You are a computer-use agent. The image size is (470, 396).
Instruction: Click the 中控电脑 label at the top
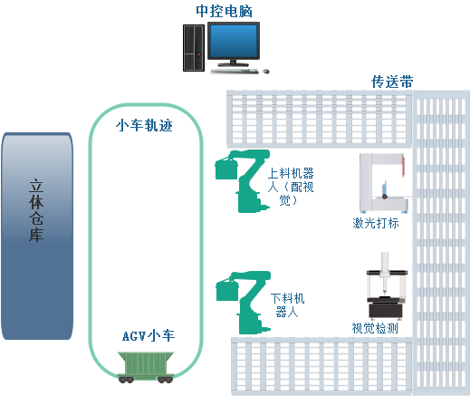point(224,11)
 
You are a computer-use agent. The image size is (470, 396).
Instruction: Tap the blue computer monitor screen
point(234,41)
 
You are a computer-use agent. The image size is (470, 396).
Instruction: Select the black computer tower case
point(194,48)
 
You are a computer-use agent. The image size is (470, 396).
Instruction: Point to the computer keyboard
point(235,72)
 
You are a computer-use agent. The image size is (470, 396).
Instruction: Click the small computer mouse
point(266,72)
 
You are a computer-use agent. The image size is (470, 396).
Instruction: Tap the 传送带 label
point(392,82)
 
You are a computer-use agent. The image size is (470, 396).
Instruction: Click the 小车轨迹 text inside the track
point(144,125)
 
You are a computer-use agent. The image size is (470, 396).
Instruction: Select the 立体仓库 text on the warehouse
point(36,210)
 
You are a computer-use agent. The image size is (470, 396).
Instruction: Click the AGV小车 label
point(149,335)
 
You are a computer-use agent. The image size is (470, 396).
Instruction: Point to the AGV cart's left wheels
point(126,380)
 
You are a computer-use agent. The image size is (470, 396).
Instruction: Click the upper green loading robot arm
point(243,181)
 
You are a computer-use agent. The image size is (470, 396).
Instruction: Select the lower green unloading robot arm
point(244,303)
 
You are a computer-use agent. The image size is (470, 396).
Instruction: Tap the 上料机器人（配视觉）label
point(291,187)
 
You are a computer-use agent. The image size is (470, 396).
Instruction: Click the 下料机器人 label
point(287,305)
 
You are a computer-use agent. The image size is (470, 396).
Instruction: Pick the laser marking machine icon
point(384,183)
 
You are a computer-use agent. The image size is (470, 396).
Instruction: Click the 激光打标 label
point(376,223)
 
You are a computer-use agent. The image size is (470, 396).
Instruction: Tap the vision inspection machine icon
point(387,286)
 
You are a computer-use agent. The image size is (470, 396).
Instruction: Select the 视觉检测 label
point(375,328)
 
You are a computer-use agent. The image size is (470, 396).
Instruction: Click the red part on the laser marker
point(403,166)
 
